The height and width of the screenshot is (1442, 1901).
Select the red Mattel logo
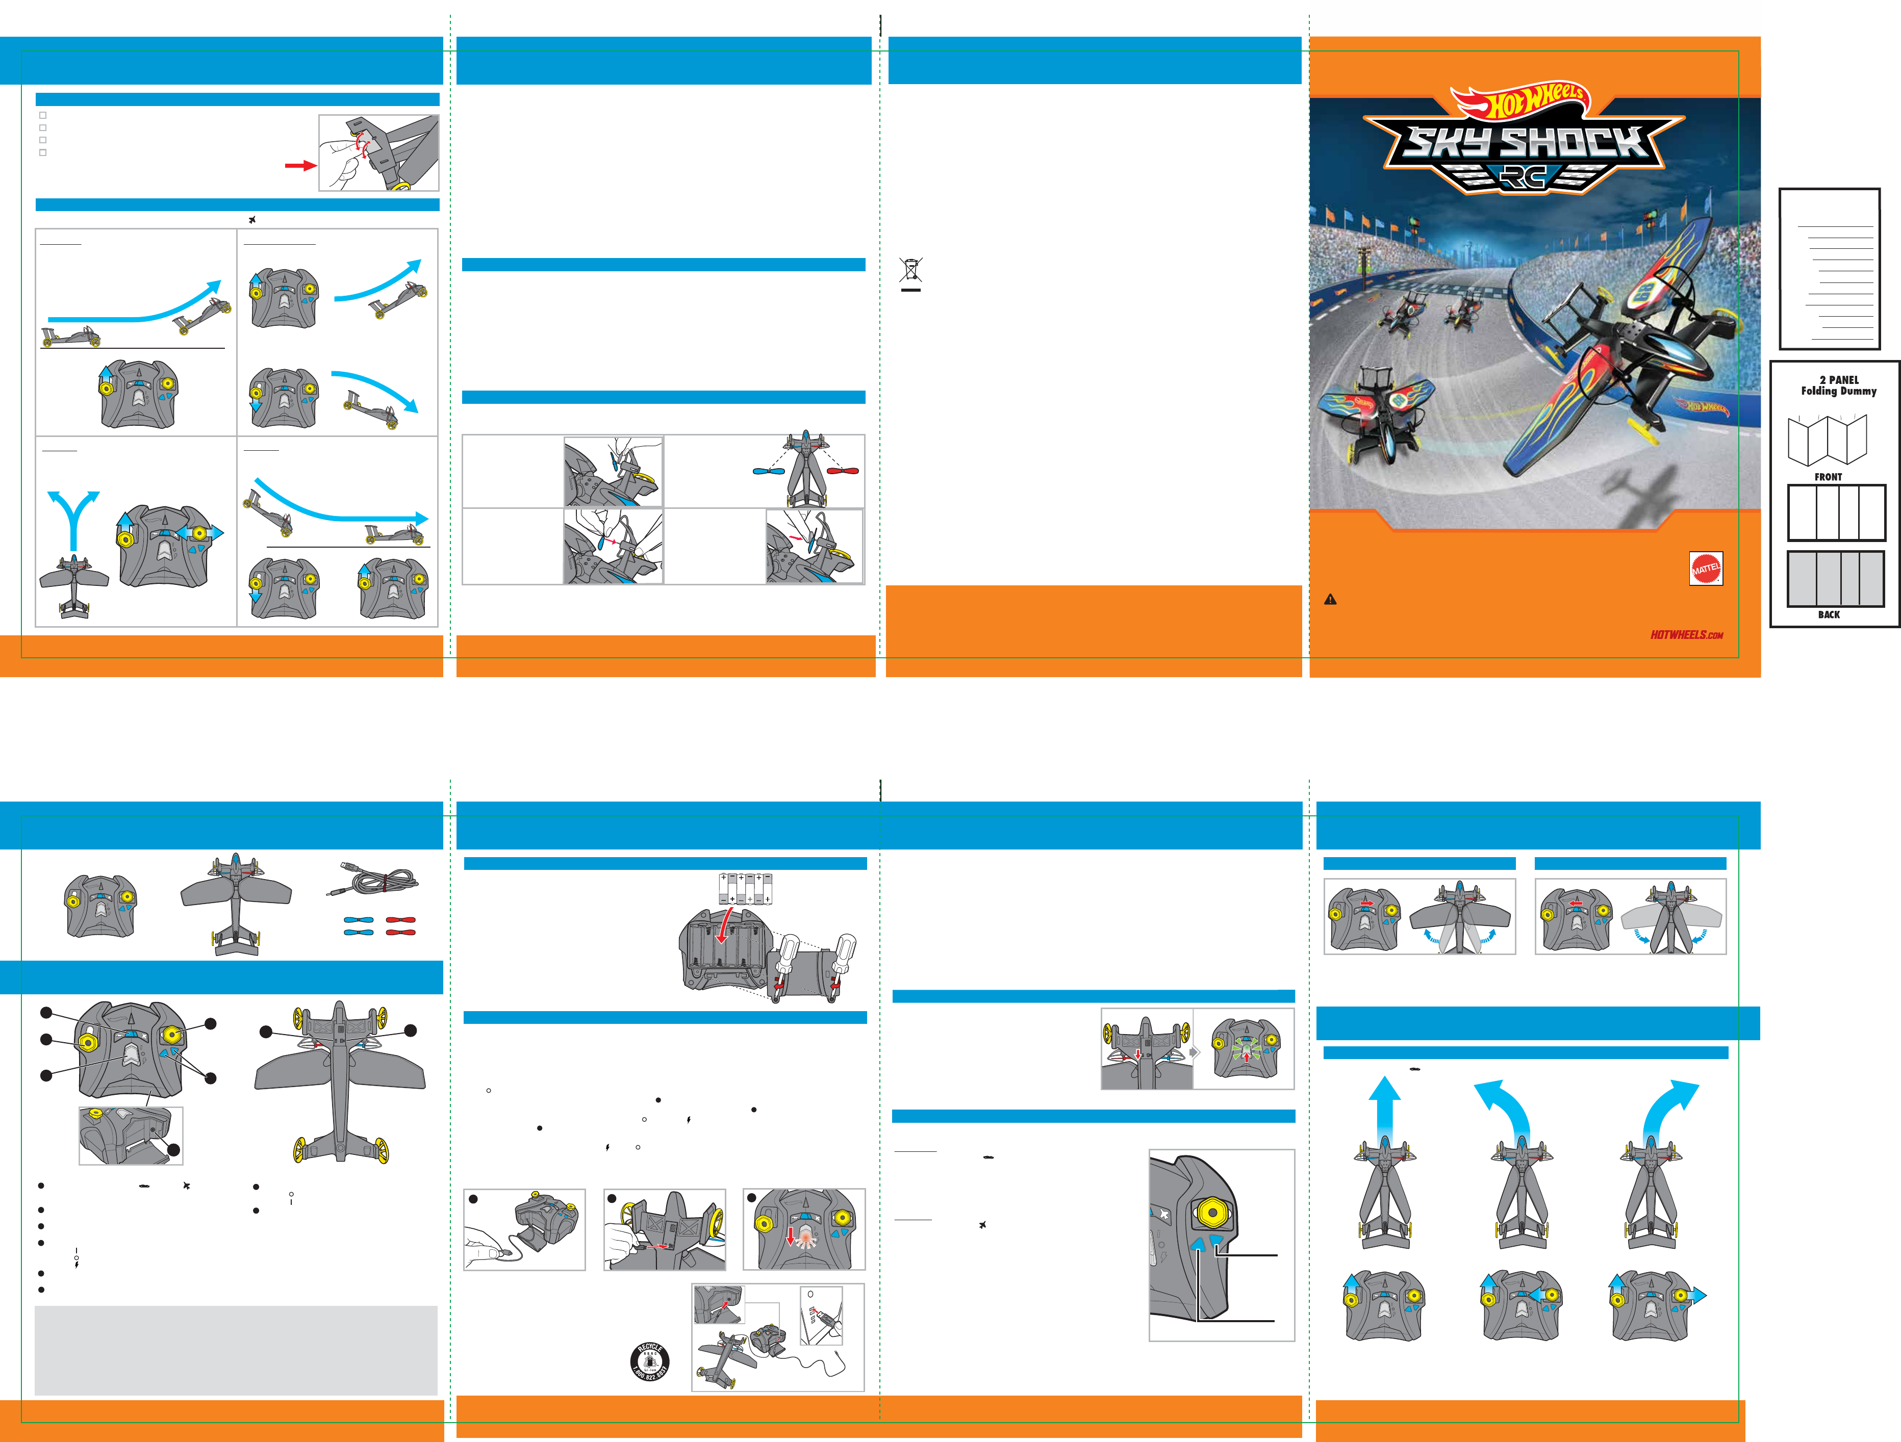(x=1706, y=568)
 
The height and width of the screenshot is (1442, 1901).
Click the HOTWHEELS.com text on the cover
(x=1686, y=635)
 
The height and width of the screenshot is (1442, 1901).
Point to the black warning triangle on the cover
(x=1330, y=600)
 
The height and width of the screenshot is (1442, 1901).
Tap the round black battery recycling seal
(x=650, y=1361)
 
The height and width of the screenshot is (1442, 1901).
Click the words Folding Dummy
(x=1838, y=391)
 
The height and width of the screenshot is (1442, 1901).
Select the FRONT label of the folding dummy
(x=1828, y=477)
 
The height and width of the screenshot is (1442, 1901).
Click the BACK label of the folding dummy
(x=1828, y=614)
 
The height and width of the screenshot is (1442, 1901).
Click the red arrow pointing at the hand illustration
(x=301, y=165)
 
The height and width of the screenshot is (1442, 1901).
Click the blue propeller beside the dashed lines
(x=768, y=471)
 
